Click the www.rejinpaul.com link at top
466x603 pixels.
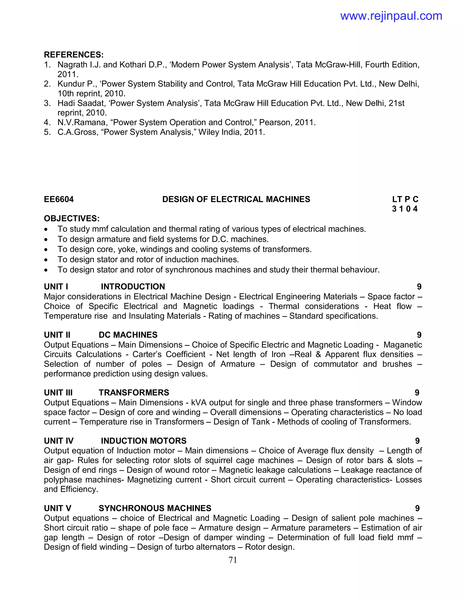[391, 16]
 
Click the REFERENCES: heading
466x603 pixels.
[74, 55]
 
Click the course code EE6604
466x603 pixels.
[59, 199]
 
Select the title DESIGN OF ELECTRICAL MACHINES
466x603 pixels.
[236, 199]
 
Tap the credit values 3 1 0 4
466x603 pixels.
[405, 209]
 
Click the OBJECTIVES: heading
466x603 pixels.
[72, 219]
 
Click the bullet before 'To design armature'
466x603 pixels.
[46, 240]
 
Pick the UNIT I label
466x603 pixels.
[56, 287]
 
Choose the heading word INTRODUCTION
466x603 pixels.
[133, 287]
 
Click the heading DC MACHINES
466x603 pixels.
[128, 335]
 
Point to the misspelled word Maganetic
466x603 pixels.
[403, 345]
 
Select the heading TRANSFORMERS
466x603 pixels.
[134, 393]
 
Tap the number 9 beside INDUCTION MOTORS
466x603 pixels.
[417, 441]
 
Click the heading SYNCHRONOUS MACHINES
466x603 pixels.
[155, 508]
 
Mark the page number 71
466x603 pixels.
[233, 560]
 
